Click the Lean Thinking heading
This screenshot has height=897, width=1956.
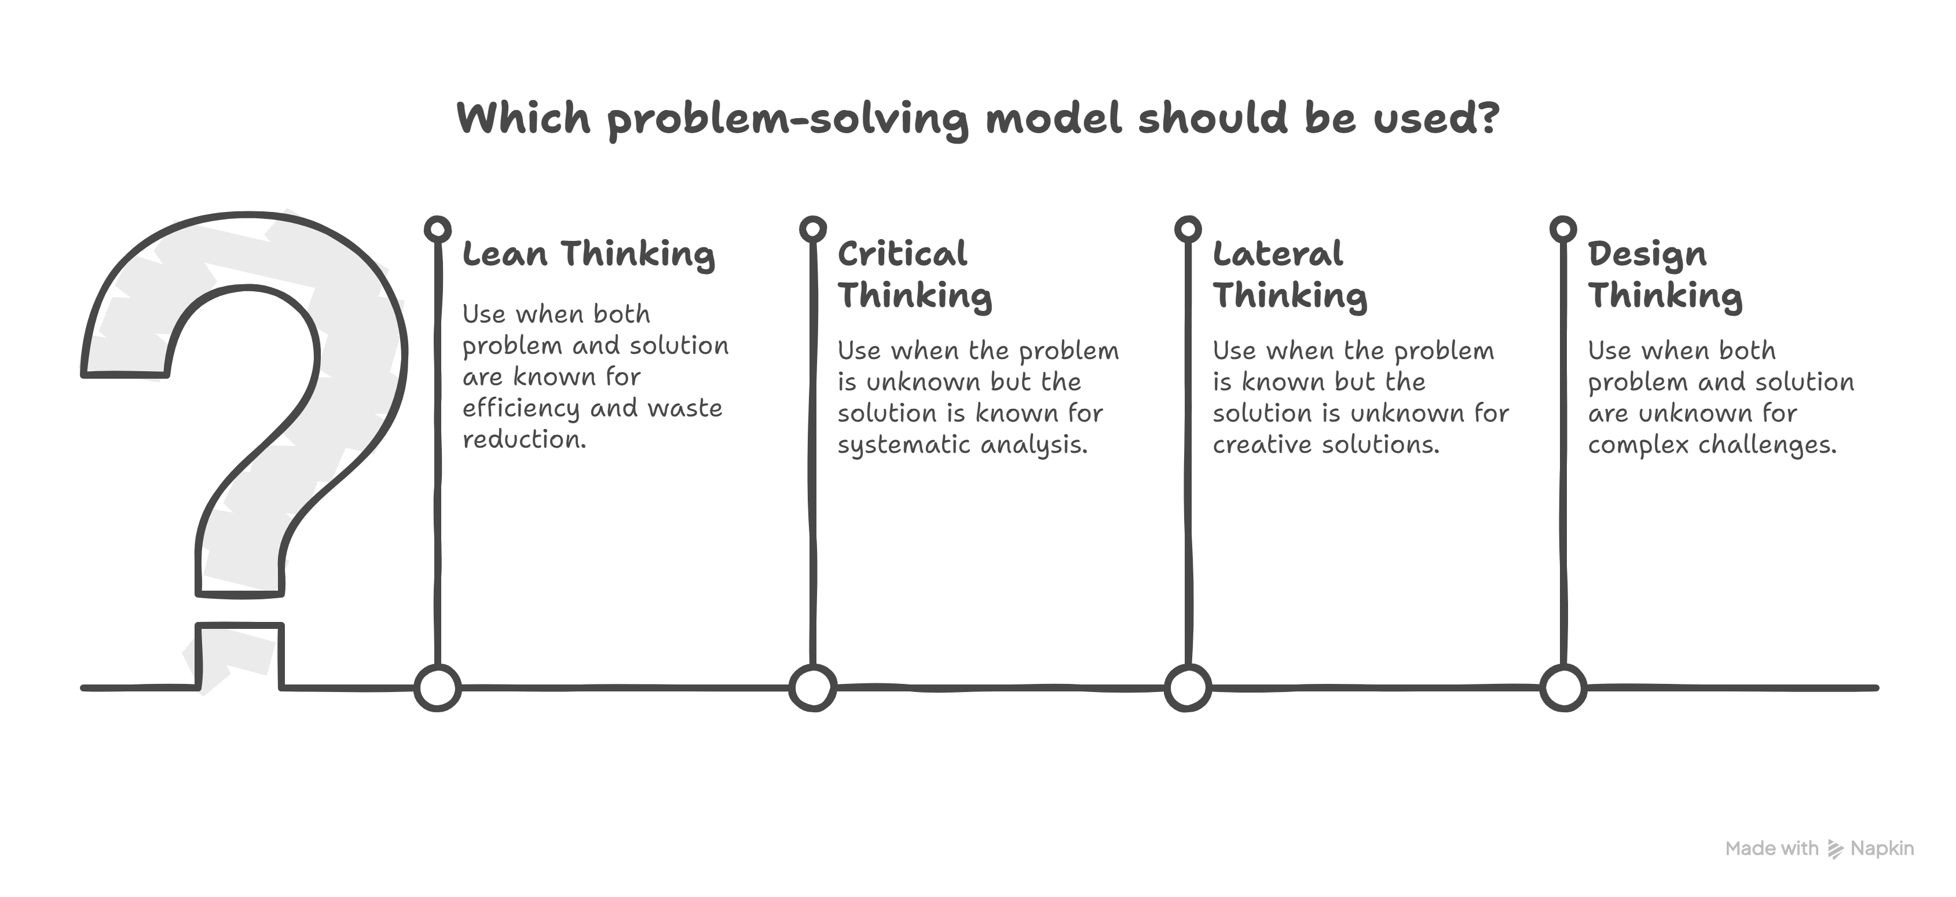(588, 254)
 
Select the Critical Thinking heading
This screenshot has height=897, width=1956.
(915, 274)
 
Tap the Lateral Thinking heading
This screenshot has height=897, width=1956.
(1290, 274)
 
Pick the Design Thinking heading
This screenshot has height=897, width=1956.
(1665, 274)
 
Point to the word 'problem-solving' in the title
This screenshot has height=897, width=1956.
(788, 120)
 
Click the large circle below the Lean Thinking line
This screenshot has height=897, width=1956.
(437, 688)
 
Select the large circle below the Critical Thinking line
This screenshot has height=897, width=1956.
(812, 688)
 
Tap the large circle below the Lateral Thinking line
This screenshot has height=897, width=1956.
(1188, 688)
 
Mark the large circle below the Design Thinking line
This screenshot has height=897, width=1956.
(1563, 688)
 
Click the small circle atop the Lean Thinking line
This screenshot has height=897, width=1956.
(437, 229)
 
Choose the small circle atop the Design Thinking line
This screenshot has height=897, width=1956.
(1563, 229)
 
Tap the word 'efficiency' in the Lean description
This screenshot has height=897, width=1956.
(521, 409)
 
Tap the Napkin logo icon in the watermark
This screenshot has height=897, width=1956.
(1835, 849)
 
